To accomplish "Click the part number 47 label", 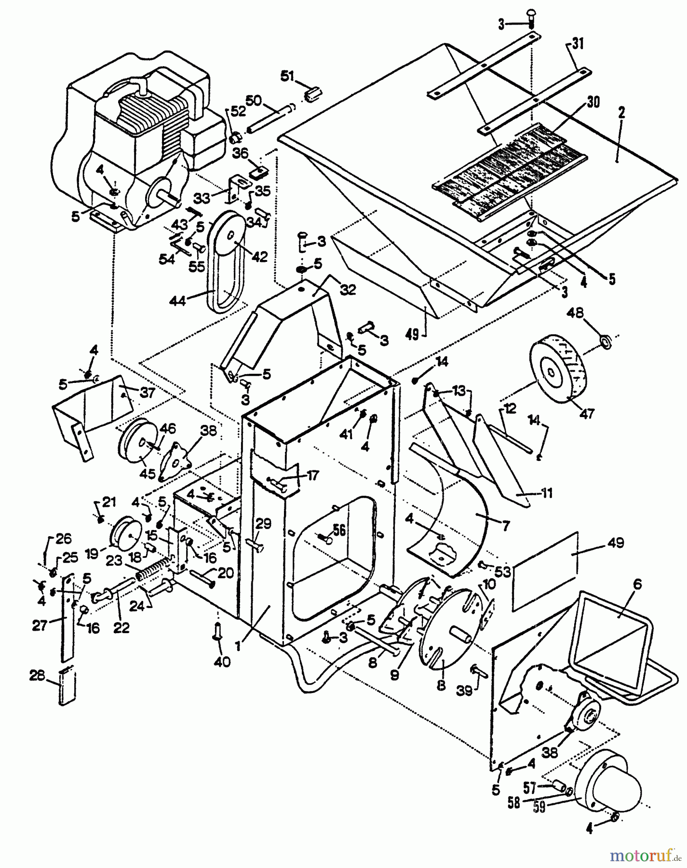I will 588,413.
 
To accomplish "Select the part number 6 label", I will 637,583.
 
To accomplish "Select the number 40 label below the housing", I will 223,662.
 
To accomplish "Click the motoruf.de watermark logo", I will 641,855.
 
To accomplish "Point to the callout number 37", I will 147,393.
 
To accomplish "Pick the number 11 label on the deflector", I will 546,493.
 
